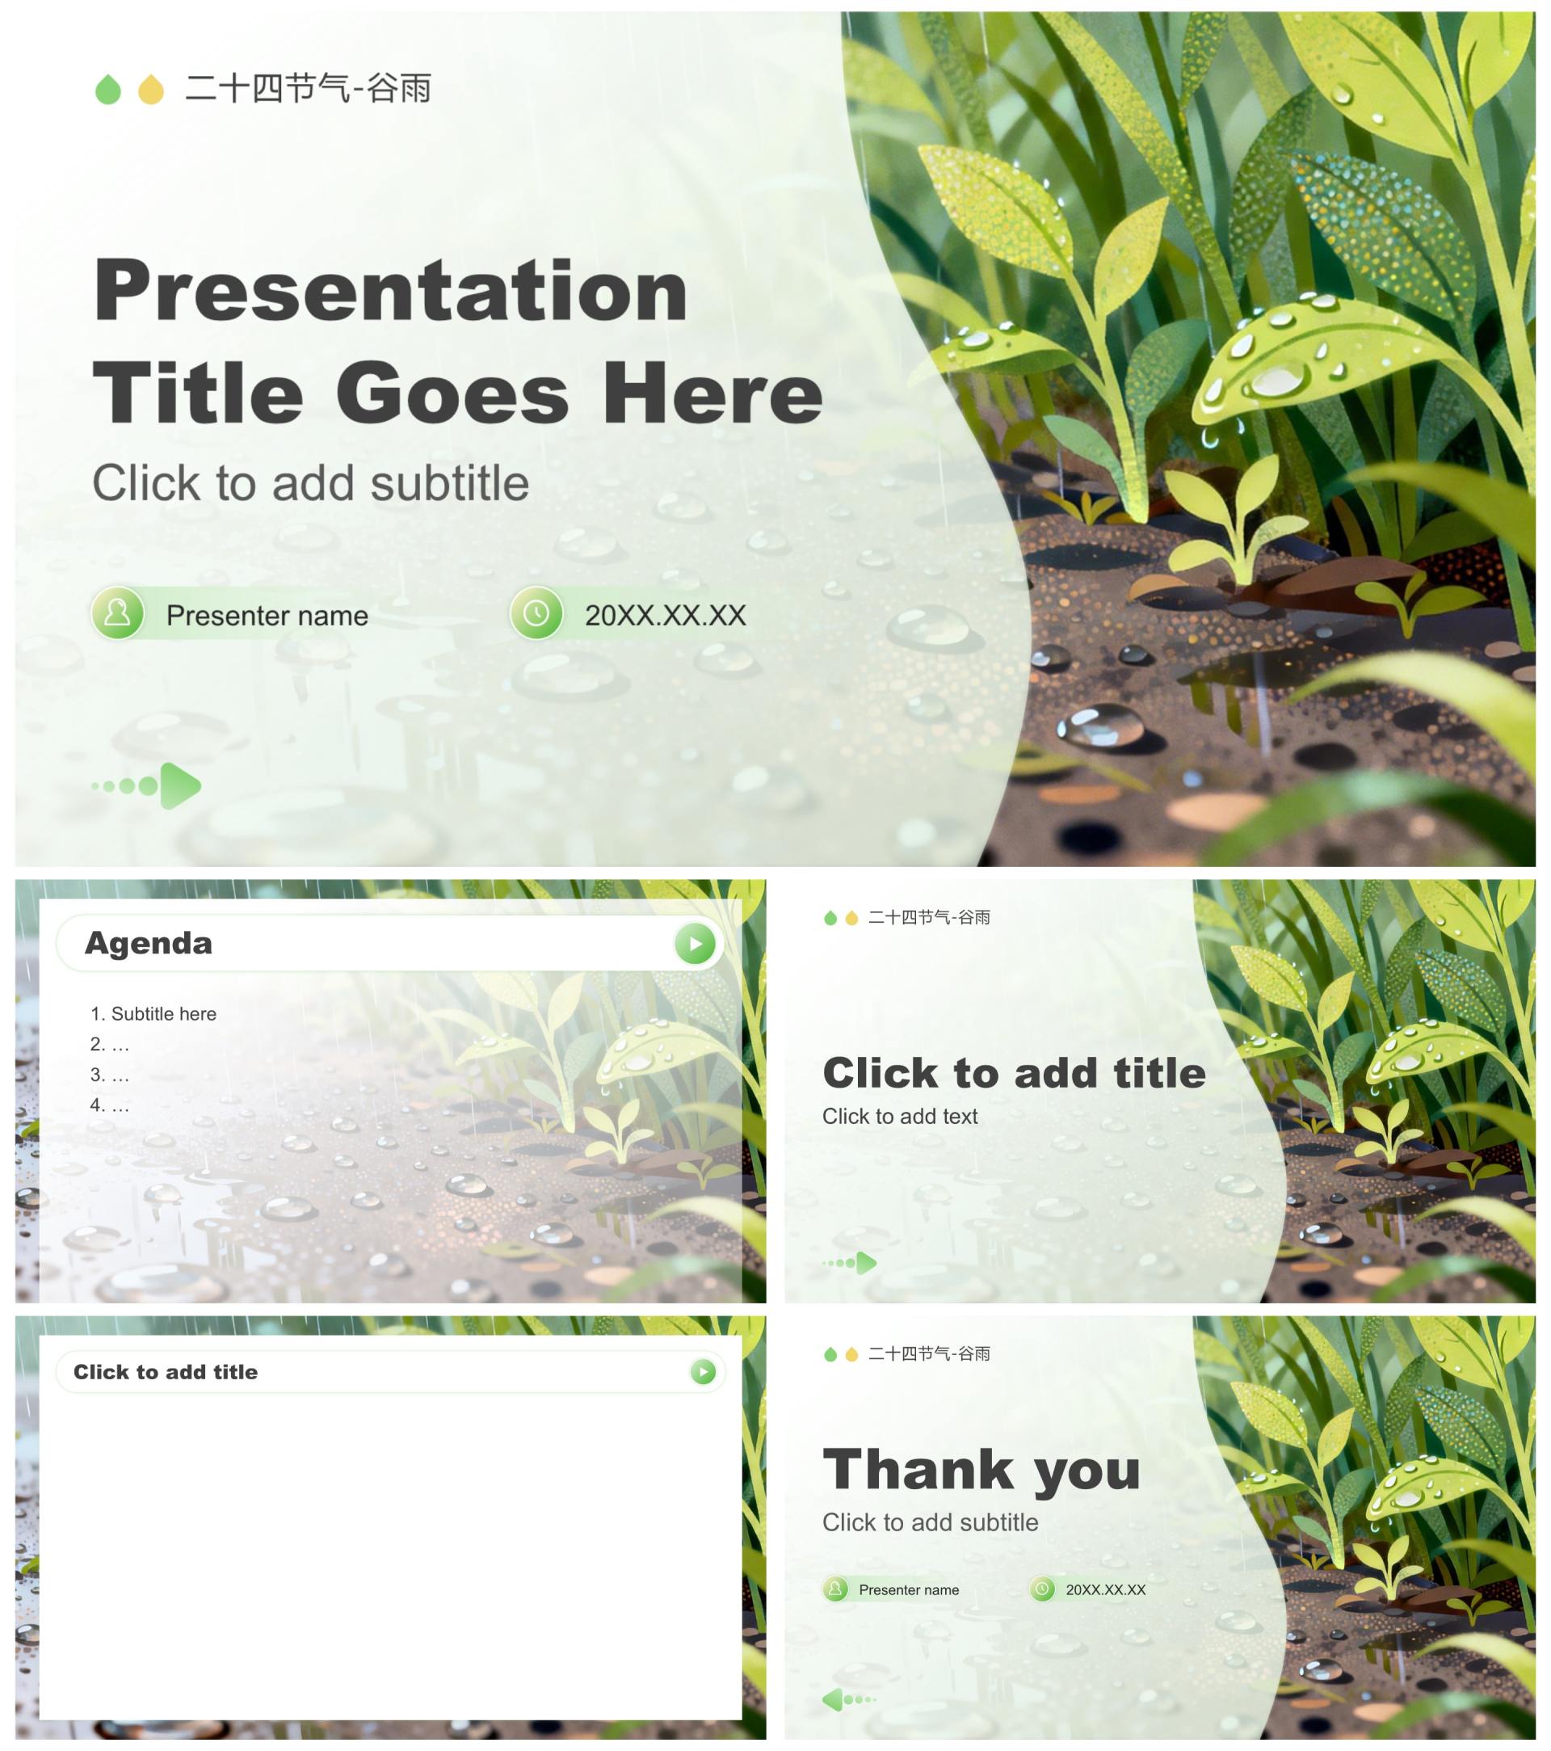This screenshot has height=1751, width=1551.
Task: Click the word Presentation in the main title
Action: [x=390, y=291]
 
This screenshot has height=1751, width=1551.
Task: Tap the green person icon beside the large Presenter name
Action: [x=117, y=613]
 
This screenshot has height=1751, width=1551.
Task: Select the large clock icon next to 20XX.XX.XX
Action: [x=536, y=613]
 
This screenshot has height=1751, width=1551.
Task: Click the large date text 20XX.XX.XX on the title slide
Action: [x=666, y=616]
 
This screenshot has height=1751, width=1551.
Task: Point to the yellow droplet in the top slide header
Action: [x=152, y=89]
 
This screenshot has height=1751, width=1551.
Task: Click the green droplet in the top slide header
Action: [x=108, y=89]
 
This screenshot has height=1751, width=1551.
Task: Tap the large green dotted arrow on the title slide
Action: [x=146, y=785]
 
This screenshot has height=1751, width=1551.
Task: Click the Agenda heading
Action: [x=148, y=943]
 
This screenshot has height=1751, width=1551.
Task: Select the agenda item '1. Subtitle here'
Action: [x=153, y=1014]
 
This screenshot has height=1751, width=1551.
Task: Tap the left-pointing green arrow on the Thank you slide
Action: [x=849, y=1699]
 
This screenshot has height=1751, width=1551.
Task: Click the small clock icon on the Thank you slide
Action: [x=1042, y=1589]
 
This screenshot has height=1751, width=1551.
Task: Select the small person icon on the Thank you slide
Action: [x=835, y=1589]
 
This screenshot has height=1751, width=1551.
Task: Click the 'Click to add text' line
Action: [x=900, y=1116]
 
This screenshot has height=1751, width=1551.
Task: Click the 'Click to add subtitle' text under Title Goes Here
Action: [x=311, y=483]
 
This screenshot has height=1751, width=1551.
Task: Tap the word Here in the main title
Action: [x=712, y=394]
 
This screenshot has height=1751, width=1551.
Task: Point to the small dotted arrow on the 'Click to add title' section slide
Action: [x=850, y=1263]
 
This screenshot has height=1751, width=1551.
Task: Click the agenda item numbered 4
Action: [x=110, y=1105]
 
